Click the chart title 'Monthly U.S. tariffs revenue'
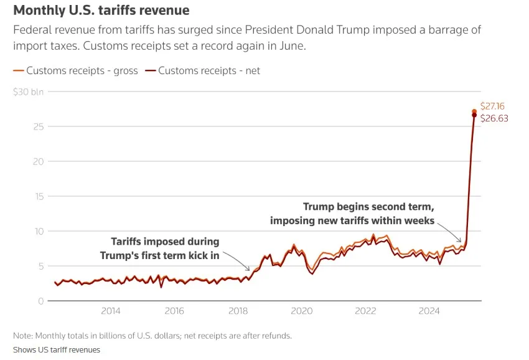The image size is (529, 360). point(101,11)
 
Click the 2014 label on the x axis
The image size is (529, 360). point(111,311)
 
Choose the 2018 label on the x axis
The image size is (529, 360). point(238,311)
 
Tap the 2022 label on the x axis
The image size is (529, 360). point(365,311)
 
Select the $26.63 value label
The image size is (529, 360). point(494,118)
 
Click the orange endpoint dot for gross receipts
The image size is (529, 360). point(474,111)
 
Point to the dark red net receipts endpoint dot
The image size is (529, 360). point(474,115)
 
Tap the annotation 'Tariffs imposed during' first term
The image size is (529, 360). point(165,242)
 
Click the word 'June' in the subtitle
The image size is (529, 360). point(289,45)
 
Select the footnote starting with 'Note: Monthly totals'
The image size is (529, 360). point(152,336)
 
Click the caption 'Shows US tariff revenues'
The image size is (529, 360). point(57,349)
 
